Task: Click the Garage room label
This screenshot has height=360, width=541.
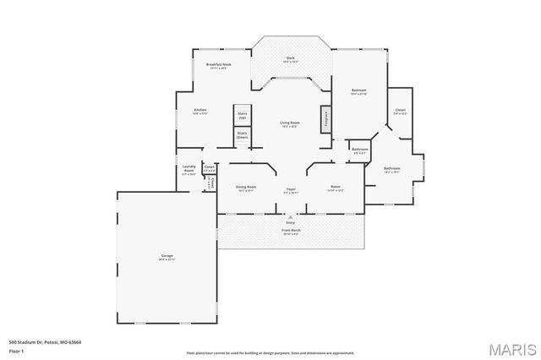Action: pos(167,257)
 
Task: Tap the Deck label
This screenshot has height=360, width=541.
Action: pos(290,59)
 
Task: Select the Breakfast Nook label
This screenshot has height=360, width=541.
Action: pos(219,65)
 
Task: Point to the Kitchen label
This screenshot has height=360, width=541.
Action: pos(200,112)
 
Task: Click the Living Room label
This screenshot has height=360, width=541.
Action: pos(290,124)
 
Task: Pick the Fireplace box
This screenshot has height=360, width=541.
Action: pos(324,118)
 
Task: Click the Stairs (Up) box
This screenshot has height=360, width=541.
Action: pos(243,114)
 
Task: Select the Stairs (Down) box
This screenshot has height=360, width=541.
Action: pos(243,134)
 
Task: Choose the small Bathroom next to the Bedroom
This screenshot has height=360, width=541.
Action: pos(360,150)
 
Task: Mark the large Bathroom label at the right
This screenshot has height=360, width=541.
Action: pos(392,169)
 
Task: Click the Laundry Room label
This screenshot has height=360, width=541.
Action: pos(189,170)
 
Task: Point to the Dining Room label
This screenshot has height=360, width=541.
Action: pos(246,188)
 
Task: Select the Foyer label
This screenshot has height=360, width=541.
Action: pos(290,190)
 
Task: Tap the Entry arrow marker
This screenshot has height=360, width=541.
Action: pos(290,216)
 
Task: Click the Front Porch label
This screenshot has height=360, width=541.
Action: pos(290,231)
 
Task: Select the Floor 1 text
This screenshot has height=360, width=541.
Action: pos(17,350)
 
